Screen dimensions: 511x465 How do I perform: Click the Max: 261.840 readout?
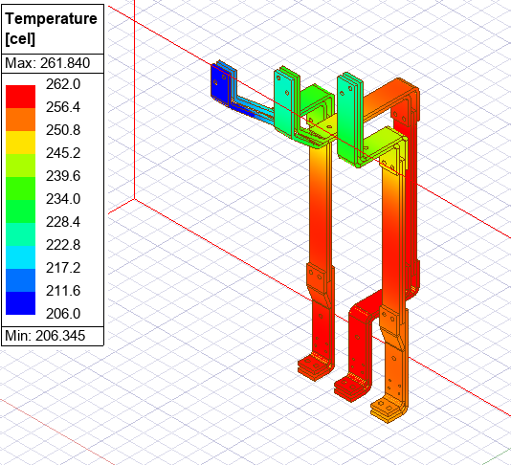click(47, 63)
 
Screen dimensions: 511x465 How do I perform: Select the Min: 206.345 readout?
click(45, 336)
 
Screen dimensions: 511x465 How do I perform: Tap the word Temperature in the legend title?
click(52, 18)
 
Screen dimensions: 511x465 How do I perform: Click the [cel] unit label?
click(20, 39)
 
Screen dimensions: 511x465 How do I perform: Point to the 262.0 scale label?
click(63, 84)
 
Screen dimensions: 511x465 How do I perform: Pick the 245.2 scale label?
click(63, 153)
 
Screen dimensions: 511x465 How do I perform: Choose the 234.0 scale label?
click(63, 199)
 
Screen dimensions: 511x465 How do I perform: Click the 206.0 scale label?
click(63, 314)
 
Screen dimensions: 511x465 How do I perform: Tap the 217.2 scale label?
click(63, 268)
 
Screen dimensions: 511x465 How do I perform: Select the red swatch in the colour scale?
click(20, 97)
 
